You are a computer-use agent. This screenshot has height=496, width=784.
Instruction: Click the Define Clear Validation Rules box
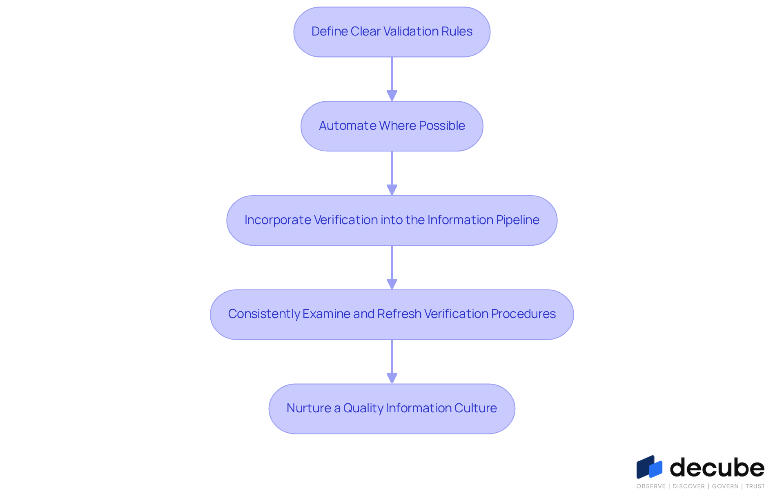[x=392, y=32]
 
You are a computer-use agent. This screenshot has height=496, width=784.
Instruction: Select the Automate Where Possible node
[x=392, y=126]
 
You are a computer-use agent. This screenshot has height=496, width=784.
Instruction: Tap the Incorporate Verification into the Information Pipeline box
[x=392, y=220]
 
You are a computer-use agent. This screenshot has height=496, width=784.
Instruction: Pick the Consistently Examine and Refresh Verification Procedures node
[x=392, y=315]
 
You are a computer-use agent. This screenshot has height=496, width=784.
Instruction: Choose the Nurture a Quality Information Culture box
[x=392, y=409]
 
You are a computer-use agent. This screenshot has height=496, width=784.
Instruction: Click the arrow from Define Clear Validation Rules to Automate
[x=392, y=79]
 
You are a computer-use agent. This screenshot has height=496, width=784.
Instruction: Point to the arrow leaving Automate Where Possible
[x=392, y=173]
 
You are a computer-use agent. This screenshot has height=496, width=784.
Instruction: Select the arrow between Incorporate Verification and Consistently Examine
[x=392, y=268]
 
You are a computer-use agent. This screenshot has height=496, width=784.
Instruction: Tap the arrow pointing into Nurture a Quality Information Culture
[x=392, y=362]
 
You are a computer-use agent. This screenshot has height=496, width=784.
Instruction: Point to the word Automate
[x=347, y=126]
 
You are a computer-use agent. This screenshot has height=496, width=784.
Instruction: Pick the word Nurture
[x=309, y=408]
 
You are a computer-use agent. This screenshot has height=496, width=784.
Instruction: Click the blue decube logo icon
[x=649, y=467]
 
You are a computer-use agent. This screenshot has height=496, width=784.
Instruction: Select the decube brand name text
[x=717, y=467]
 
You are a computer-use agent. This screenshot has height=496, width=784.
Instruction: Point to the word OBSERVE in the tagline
[x=651, y=486]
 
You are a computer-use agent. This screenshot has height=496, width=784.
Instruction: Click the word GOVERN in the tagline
[x=725, y=486]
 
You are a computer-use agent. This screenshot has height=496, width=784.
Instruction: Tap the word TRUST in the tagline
[x=755, y=486]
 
